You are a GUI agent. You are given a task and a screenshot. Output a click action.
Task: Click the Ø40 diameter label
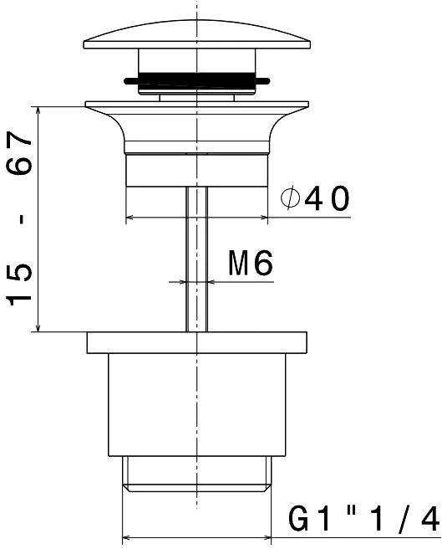(315, 198)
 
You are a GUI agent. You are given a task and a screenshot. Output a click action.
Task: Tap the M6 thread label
(251, 263)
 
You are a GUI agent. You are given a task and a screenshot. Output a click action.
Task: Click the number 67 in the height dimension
(19, 153)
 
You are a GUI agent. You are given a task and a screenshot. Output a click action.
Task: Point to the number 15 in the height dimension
(19, 284)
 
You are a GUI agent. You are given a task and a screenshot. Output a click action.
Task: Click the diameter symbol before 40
(290, 198)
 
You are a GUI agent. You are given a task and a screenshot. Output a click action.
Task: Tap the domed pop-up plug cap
(197, 34)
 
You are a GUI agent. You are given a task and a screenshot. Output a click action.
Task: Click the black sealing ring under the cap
(196, 80)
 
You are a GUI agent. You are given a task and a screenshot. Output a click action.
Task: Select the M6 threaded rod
(196, 259)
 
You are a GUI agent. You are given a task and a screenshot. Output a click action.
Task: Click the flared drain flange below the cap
(197, 127)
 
